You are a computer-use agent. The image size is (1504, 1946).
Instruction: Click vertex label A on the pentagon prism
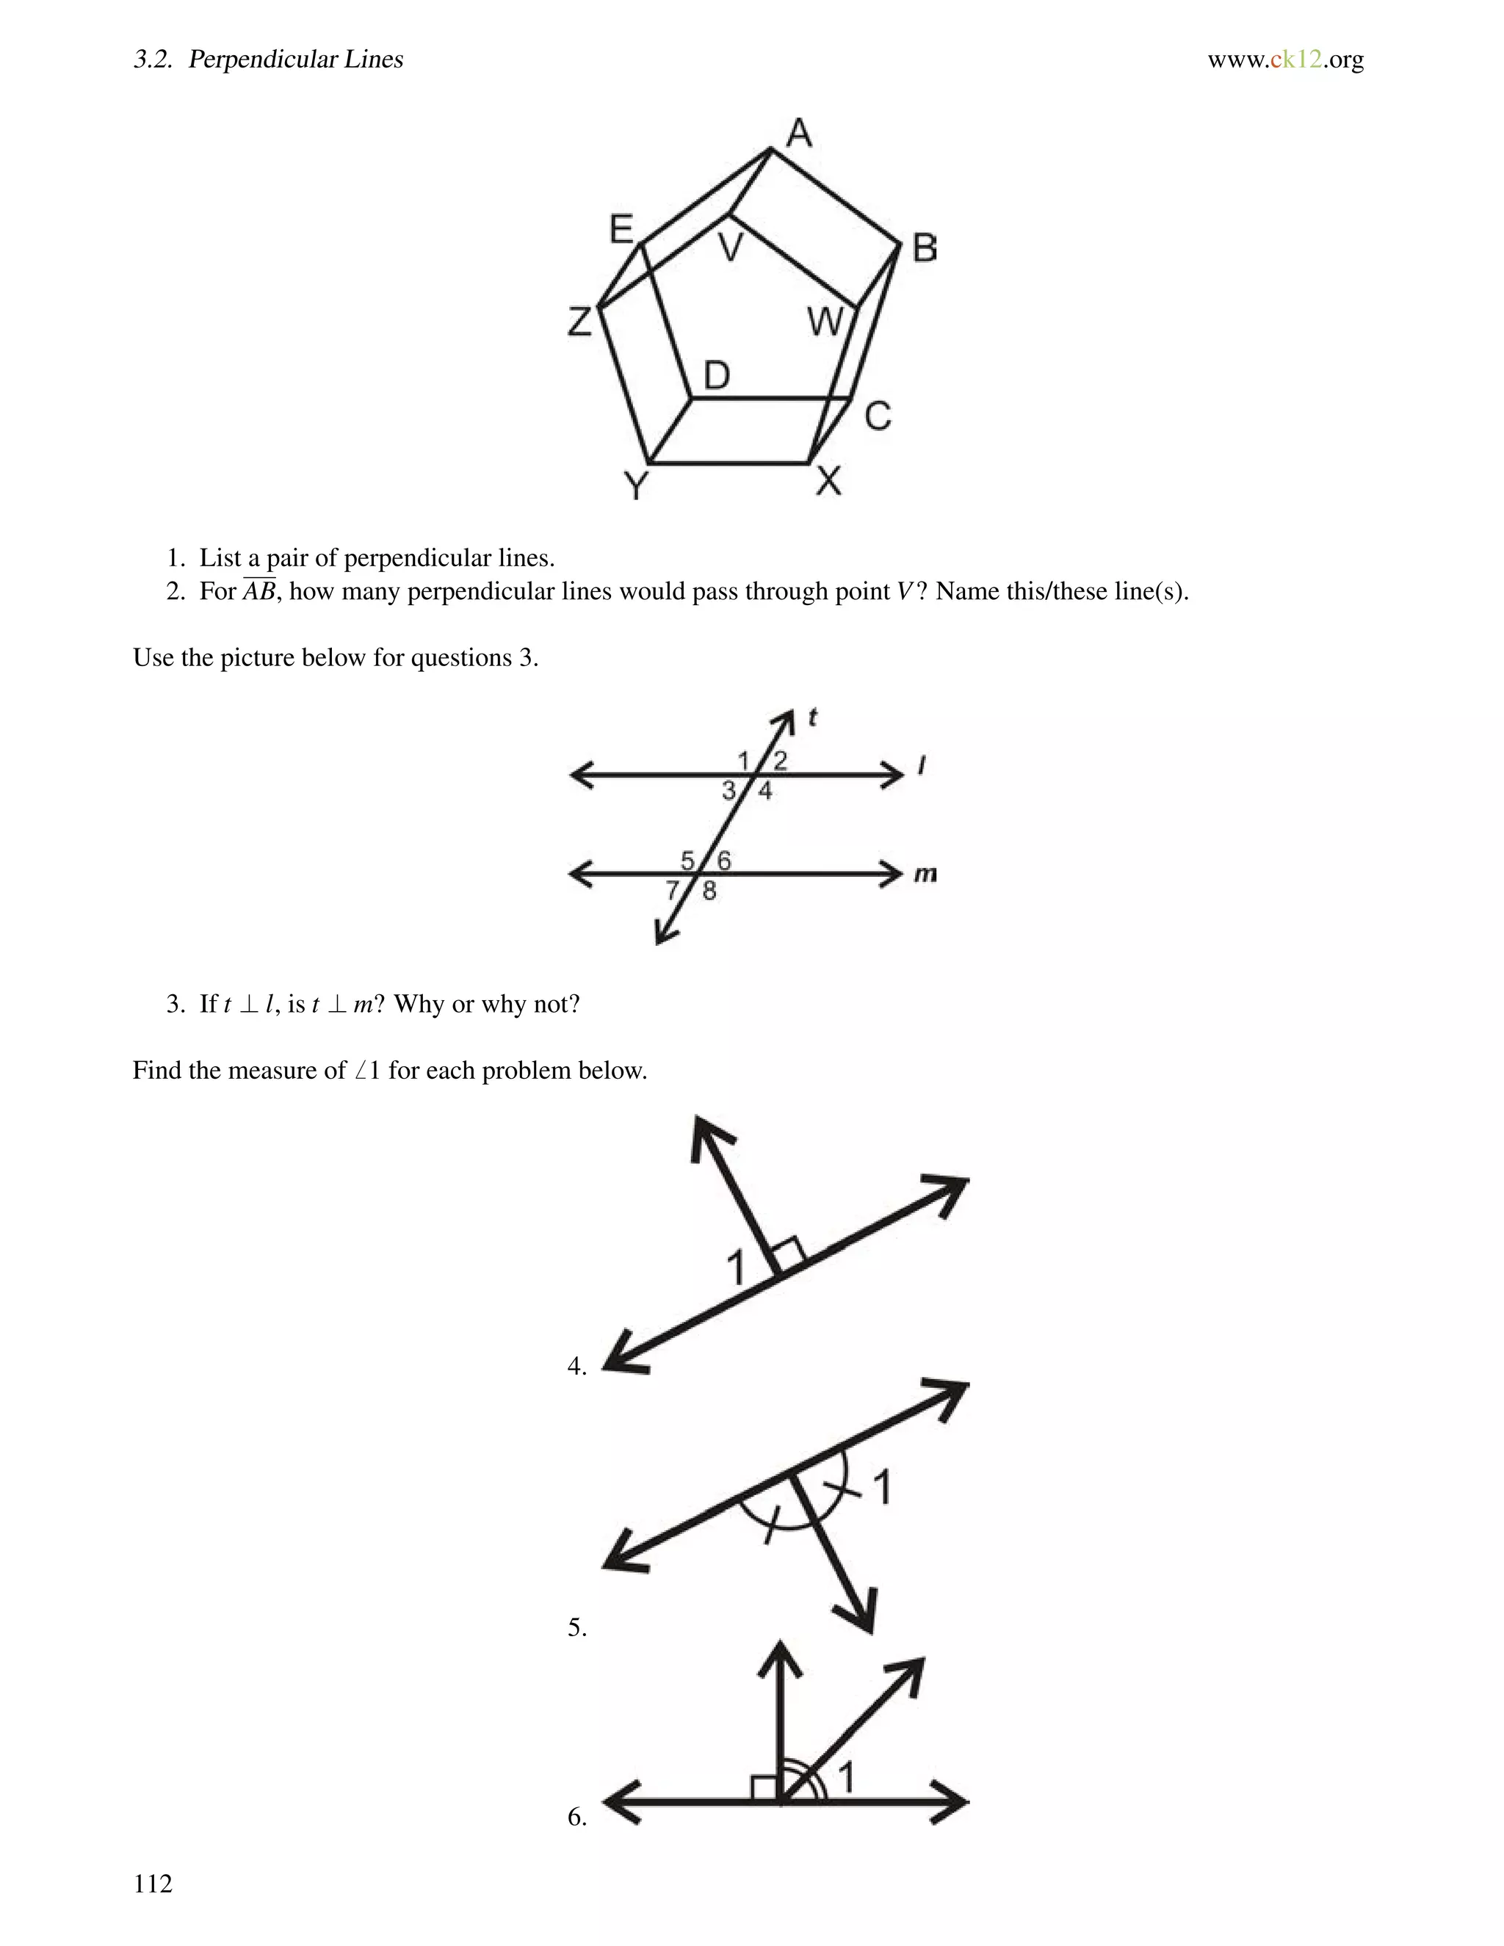coord(799,134)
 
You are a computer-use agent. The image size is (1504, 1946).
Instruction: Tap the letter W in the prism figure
coord(824,322)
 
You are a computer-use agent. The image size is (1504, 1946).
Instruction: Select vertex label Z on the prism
coord(580,321)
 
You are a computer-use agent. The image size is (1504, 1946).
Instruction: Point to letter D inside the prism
coord(716,376)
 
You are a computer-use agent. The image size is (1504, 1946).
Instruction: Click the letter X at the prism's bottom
coord(828,481)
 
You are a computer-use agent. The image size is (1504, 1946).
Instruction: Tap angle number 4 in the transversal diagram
coord(765,791)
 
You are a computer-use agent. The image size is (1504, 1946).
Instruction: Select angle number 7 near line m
coord(673,890)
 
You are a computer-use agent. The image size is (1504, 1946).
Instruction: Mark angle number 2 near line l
coord(781,760)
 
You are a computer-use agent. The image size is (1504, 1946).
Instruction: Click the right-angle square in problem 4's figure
coord(789,1254)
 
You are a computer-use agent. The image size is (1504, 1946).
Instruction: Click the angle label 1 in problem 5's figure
coord(882,1487)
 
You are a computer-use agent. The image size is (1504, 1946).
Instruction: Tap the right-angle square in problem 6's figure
coord(764,1787)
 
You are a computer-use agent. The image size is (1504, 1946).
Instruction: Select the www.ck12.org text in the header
coord(1285,59)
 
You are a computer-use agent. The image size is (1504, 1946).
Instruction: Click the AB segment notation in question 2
coord(259,590)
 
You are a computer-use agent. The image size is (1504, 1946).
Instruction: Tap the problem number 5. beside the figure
coord(576,1628)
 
